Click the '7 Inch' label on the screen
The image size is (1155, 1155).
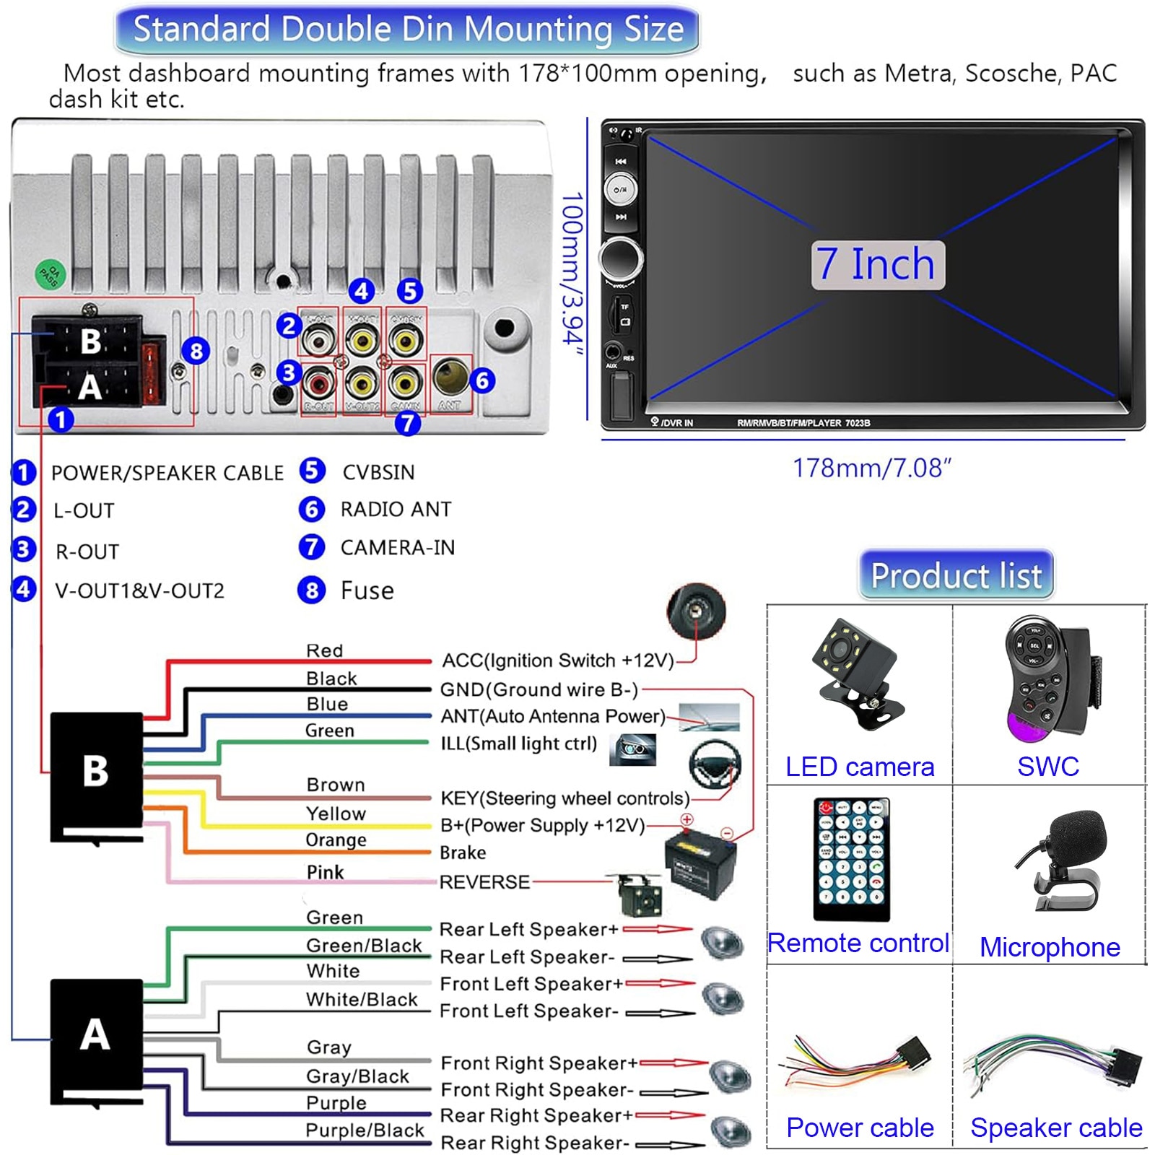(877, 265)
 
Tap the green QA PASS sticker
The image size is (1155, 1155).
(51, 274)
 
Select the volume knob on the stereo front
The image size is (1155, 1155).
(620, 256)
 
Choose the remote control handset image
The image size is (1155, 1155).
(852, 859)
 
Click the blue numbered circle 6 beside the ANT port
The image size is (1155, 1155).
(482, 380)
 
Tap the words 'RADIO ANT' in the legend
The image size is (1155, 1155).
(396, 510)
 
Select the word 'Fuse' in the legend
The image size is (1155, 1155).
(367, 591)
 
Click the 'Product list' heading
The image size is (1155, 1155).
(956, 575)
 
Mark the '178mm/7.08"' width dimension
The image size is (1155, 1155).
(872, 468)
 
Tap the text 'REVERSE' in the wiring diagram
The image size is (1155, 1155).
(484, 882)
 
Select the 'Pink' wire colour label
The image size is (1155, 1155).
(325, 872)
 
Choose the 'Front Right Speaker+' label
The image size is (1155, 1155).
(539, 1063)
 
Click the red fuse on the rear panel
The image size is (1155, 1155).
(150, 373)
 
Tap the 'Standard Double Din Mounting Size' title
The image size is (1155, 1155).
(408, 30)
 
